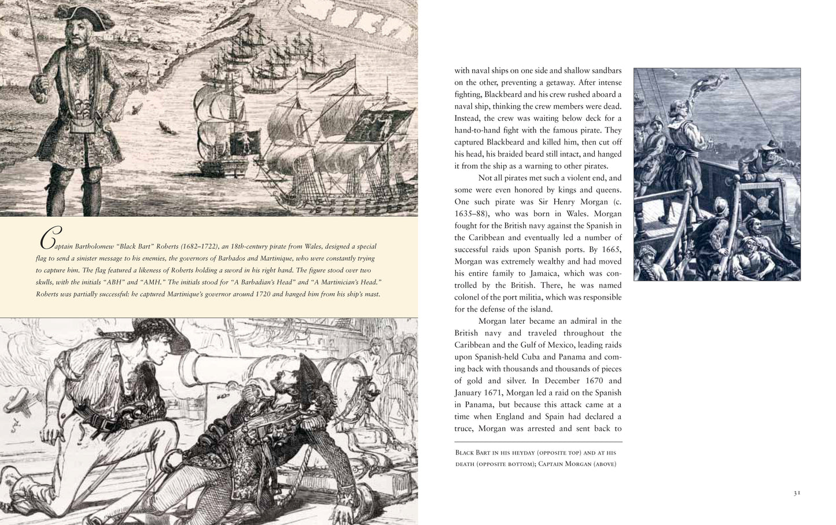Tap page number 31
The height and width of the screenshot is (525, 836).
pyautogui.click(x=797, y=493)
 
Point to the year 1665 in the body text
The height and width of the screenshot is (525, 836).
pyautogui.click(x=610, y=249)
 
